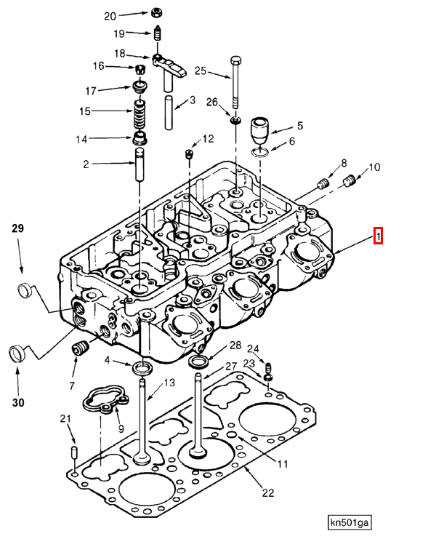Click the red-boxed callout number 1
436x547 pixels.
pos(377,236)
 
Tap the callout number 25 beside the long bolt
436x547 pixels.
pos(201,71)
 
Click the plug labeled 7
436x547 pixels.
pos(81,347)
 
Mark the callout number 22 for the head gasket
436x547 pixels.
pos(267,492)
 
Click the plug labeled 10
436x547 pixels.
pos(348,180)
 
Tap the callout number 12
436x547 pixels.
pos(208,138)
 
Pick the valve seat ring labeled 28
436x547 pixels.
pos(198,360)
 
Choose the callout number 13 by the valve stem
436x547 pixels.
pos(169,383)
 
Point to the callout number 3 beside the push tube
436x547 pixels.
pos(193,100)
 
